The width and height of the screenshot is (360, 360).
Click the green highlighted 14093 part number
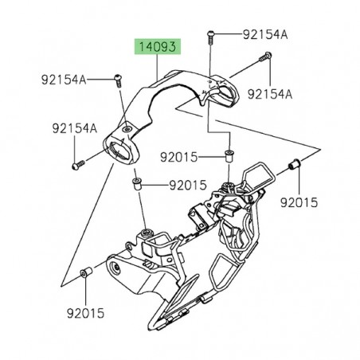point(155,47)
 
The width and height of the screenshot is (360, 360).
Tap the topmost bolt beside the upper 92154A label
point(210,36)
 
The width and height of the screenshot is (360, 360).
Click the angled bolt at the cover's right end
point(265,58)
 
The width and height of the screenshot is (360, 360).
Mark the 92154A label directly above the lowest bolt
point(75,127)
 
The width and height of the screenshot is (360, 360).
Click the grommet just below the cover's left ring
point(136,185)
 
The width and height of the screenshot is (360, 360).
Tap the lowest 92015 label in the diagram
point(85,313)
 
